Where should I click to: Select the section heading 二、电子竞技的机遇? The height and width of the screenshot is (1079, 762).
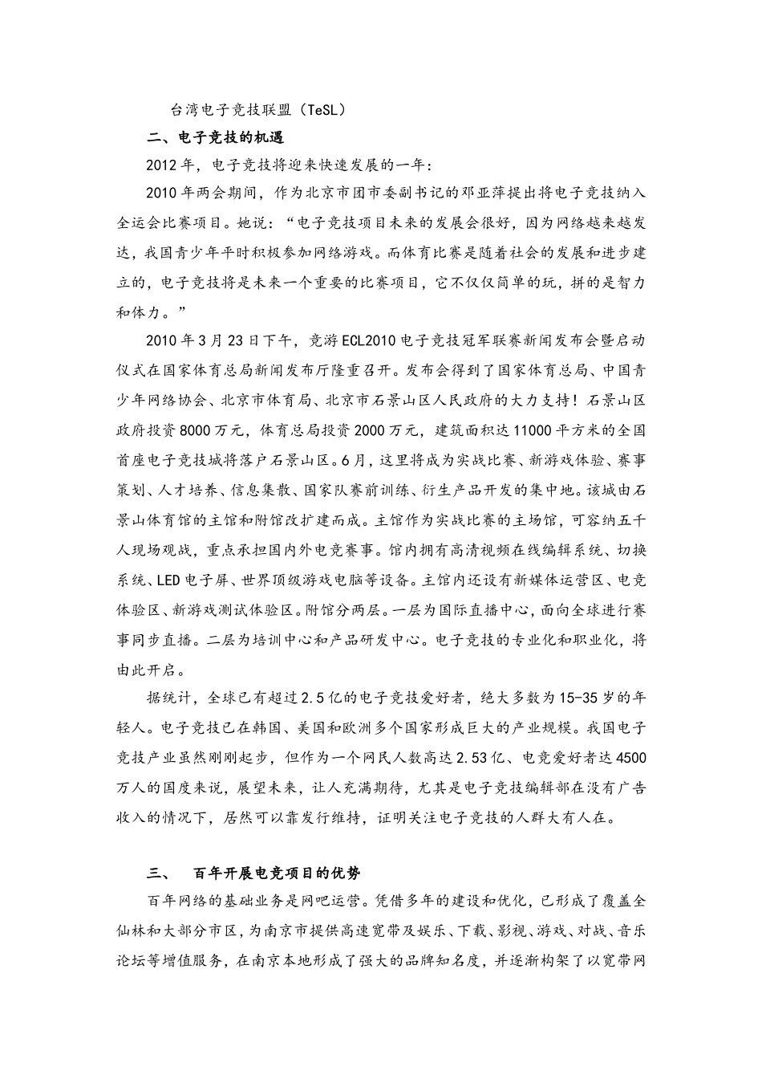click(216, 137)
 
